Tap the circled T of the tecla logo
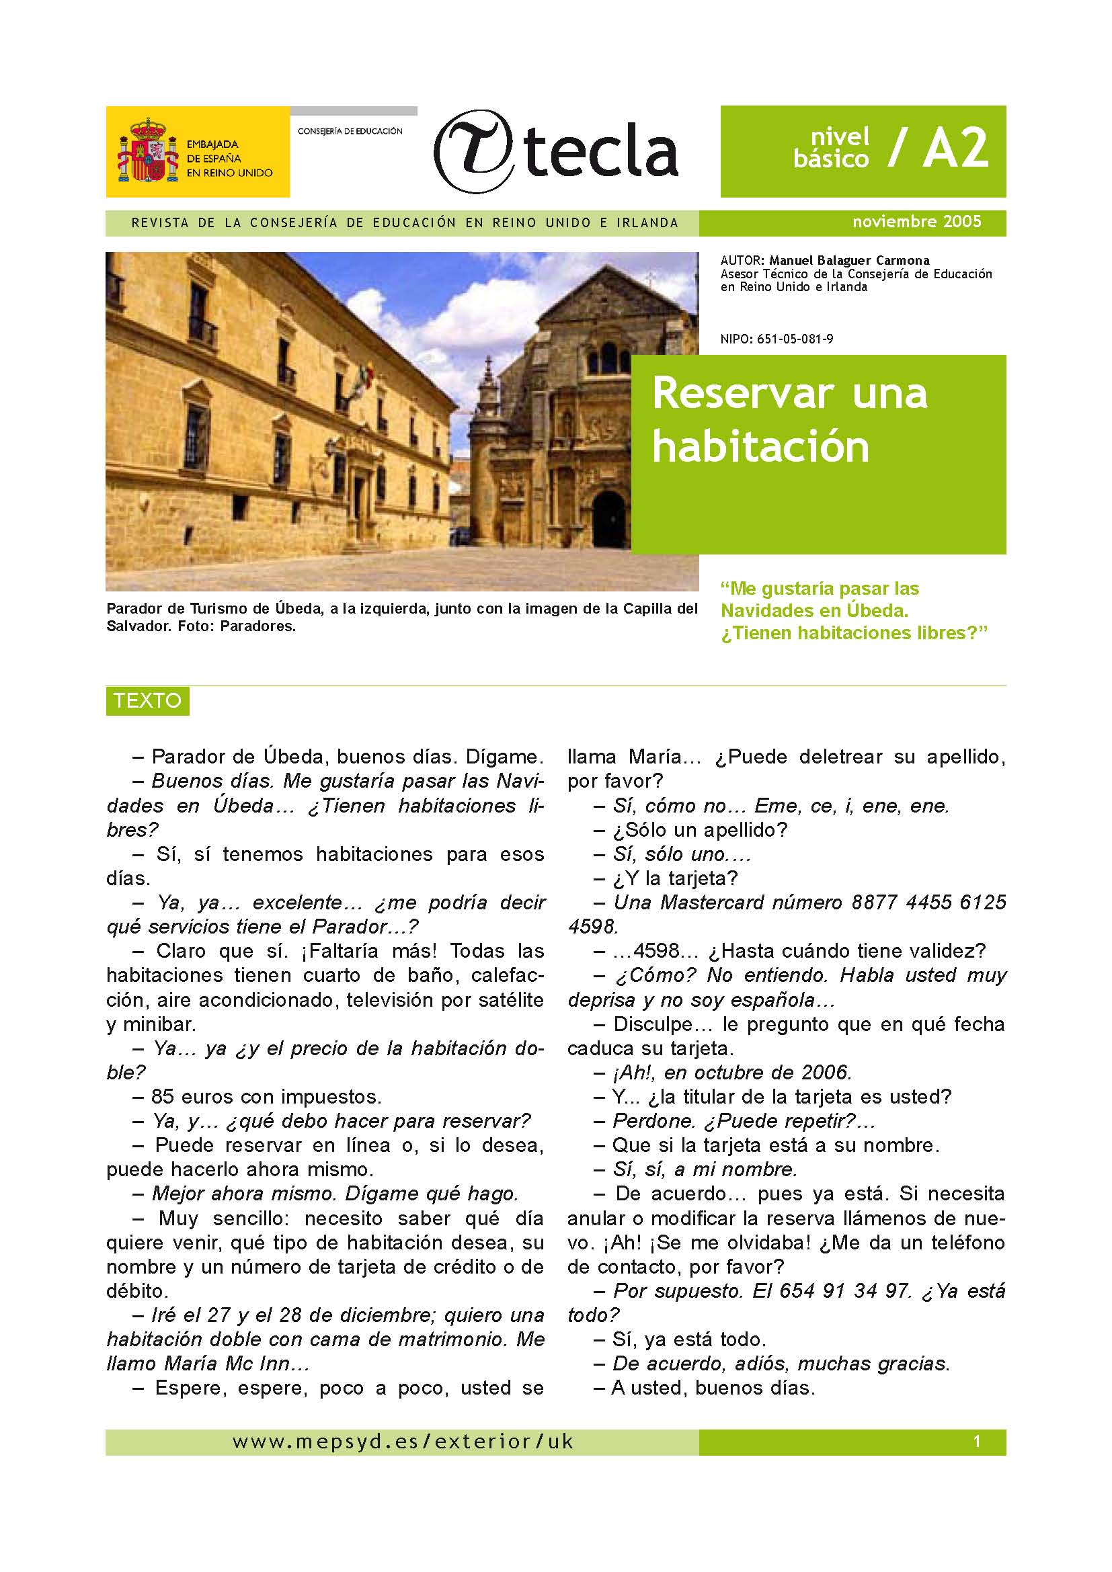[475, 151]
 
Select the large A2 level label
[955, 148]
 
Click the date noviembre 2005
[916, 222]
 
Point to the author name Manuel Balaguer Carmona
[849, 261]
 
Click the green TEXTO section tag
[147, 701]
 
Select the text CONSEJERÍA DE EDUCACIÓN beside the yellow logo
[350, 131]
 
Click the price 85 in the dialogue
[163, 1096]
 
